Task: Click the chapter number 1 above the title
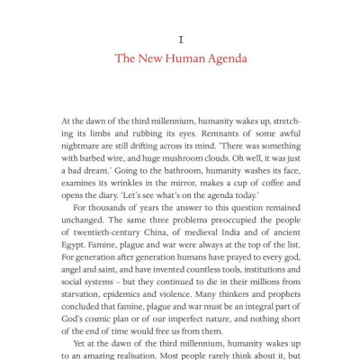181,40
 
